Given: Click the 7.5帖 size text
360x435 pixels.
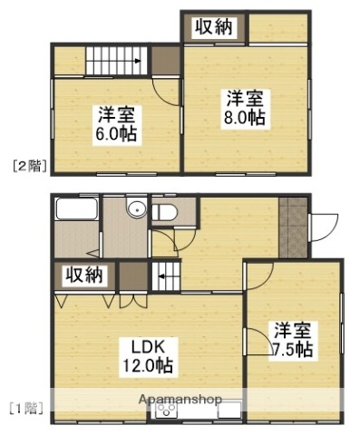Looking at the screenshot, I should pos(292,349).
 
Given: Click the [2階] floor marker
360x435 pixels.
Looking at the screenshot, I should pos(30,165).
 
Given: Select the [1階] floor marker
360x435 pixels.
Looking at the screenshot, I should pos(27,408).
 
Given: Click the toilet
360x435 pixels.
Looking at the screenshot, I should pos(165,212).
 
